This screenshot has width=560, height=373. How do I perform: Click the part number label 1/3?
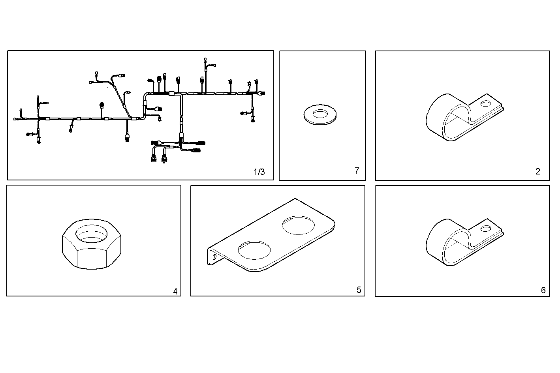(x=259, y=172)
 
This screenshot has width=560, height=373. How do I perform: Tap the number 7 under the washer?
(x=357, y=171)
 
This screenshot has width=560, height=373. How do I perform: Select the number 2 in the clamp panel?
(x=537, y=171)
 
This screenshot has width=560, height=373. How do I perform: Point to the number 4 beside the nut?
(x=175, y=292)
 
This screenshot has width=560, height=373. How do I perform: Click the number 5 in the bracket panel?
(x=359, y=290)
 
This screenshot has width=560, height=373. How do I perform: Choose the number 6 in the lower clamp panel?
(x=543, y=291)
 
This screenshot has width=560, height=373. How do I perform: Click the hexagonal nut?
(x=92, y=245)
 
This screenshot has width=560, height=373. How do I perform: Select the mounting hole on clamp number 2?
(x=487, y=104)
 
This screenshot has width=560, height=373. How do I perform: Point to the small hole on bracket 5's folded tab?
(x=214, y=256)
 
